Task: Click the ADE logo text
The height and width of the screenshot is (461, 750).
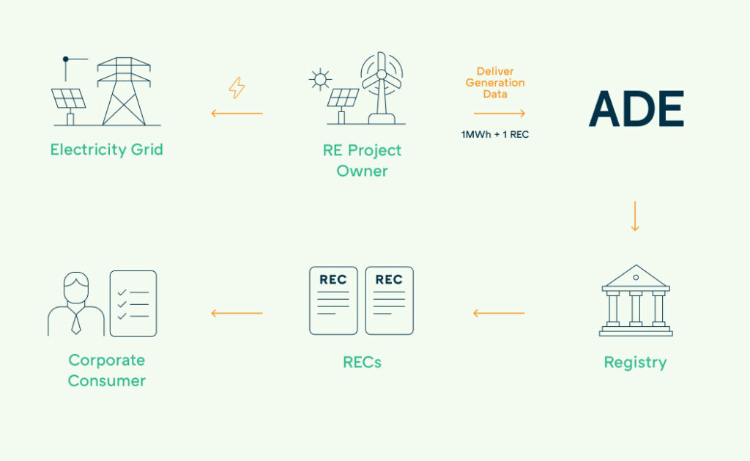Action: tap(636, 110)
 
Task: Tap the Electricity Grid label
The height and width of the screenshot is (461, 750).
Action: tap(106, 150)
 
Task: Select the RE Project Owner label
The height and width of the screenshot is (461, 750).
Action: tap(362, 161)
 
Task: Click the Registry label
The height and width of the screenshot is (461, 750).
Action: tap(635, 362)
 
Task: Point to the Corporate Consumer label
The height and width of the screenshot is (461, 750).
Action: tap(106, 370)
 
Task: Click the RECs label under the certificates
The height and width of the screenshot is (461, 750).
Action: tap(362, 362)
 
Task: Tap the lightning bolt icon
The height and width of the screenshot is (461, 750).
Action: tap(237, 88)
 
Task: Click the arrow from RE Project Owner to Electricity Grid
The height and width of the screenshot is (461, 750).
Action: tap(237, 114)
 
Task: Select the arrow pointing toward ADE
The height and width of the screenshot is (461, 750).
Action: tap(500, 114)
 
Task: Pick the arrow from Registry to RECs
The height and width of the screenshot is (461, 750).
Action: tap(499, 314)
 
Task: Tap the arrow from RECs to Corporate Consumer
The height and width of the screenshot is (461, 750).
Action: tap(237, 314)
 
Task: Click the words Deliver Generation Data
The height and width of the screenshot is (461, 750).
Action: tap(495, 83)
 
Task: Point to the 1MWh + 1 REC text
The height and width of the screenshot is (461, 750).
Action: tap(495, 135)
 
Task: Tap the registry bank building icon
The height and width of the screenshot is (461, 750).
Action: tap(635, 300)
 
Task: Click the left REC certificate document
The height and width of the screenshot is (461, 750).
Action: tap(333, 300)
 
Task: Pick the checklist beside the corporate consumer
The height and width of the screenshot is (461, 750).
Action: tap(133, 303)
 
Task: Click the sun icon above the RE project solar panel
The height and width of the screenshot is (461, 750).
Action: tap(320, 78)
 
